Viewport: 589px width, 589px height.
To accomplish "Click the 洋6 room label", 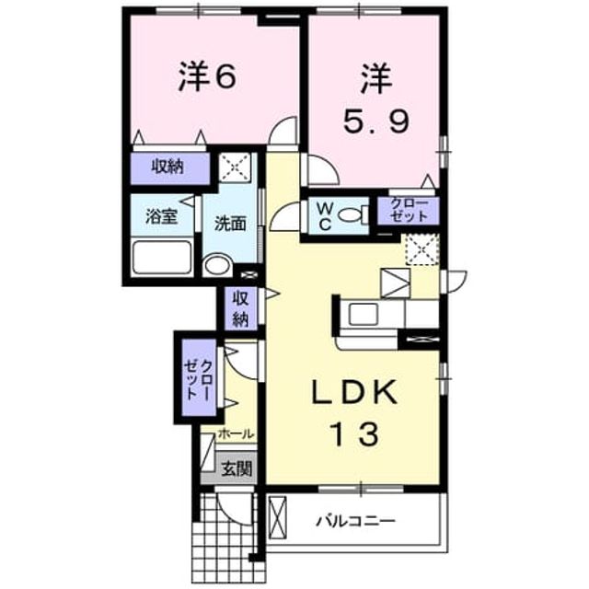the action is coord(207,76).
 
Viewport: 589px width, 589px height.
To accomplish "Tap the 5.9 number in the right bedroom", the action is coord(376,121).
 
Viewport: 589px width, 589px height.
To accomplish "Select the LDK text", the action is coord(355,392).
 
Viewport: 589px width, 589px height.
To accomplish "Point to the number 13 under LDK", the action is coord(354,433).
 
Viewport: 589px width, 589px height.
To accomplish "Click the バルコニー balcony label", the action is coord(355,521).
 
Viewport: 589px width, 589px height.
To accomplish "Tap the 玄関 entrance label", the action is coord(237,468).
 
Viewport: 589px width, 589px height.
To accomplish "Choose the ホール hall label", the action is coord(236,434).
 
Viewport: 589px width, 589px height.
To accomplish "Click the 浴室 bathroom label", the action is coord(162,217).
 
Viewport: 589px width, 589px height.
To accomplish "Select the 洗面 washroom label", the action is coord(230,224).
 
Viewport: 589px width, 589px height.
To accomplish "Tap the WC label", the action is coord(325,216).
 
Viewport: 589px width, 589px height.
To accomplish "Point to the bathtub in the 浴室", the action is coord(162,258).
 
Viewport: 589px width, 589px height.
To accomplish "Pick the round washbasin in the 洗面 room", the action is coord(217,266).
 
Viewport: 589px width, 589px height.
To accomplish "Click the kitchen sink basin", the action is coord(364,314).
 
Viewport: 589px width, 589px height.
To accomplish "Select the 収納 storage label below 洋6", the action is coord(167,167).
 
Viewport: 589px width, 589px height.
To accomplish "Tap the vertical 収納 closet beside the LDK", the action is coord(241,309).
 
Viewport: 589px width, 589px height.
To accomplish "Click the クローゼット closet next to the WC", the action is coord(409,211).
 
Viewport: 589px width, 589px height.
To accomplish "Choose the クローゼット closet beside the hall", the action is coord(200,377).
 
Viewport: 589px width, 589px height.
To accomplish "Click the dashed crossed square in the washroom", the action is coord(235,167).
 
